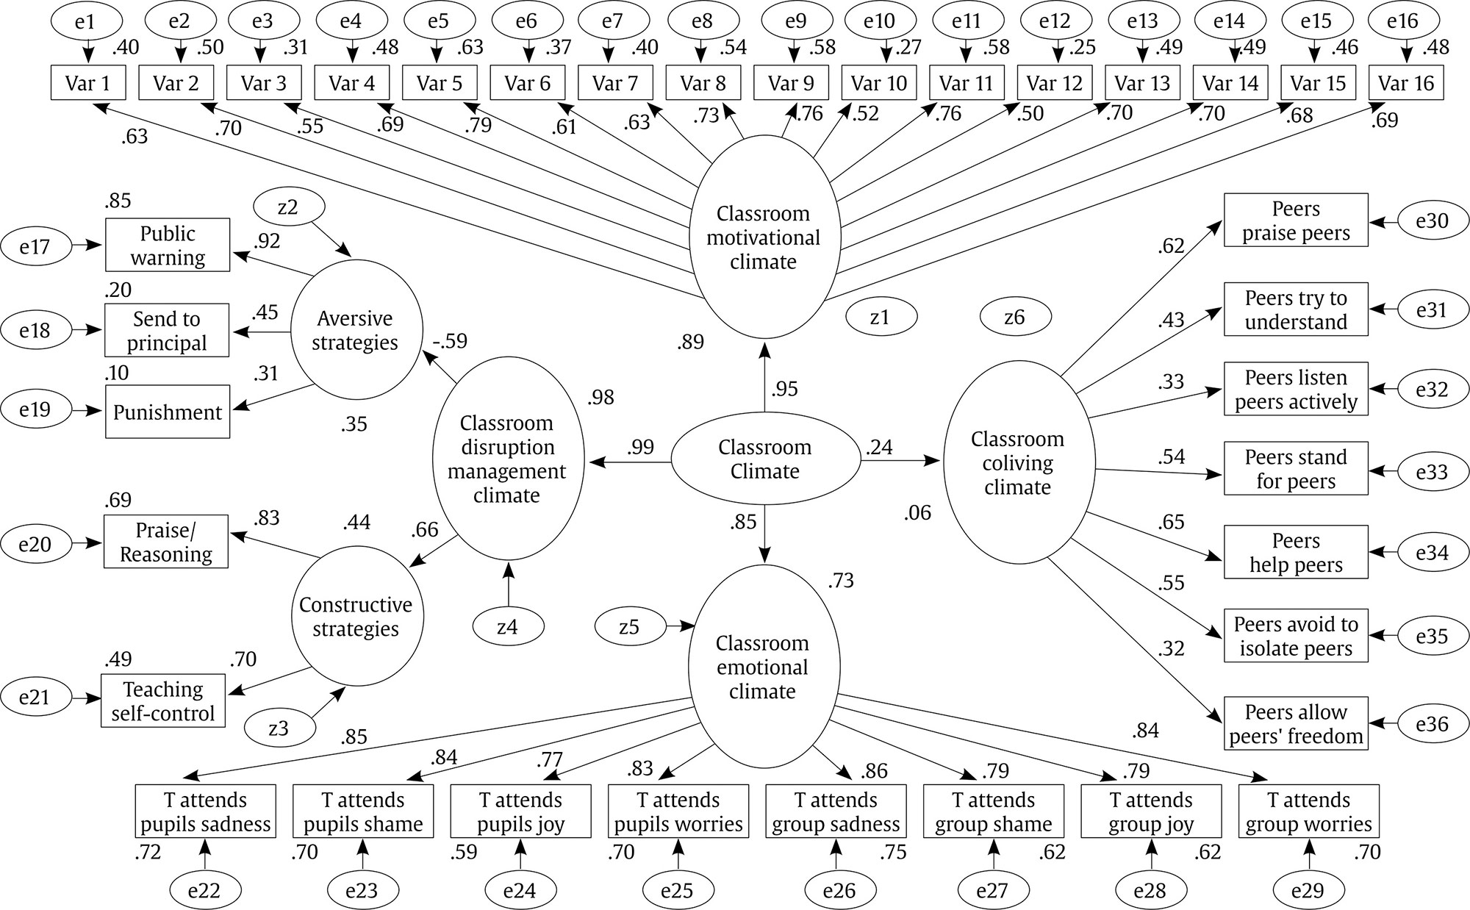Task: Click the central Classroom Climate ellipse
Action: (765, 460)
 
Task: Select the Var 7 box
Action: (615, 83)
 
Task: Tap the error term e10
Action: (879, 21)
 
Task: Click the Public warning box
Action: (168, 245)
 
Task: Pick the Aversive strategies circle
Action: (356, 330)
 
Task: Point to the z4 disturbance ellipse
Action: (508, 627)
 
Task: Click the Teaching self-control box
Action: (163, 701)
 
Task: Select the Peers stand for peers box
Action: (1296, 468)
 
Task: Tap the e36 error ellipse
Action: (1432, 724)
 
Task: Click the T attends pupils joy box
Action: (520, 812)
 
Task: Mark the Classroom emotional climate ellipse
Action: (764, 667)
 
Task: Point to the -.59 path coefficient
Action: (449, 342)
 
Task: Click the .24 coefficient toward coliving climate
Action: (879, 447)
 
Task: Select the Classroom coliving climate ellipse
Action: (1018, 462)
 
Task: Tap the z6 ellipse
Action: (1014, 317)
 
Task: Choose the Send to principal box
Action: (167, 330)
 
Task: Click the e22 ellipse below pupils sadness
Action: (204, 890)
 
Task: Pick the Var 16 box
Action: (1406, 83)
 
